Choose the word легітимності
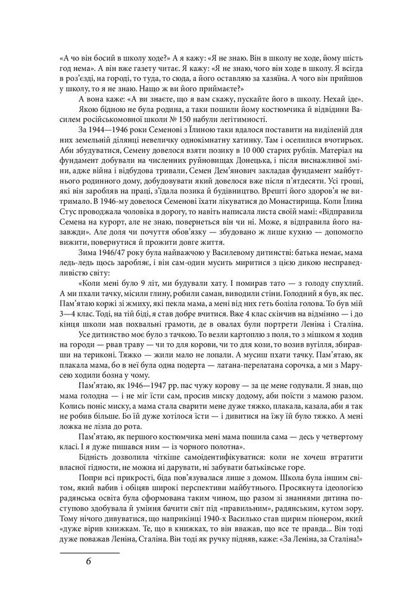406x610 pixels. click(229, 120)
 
